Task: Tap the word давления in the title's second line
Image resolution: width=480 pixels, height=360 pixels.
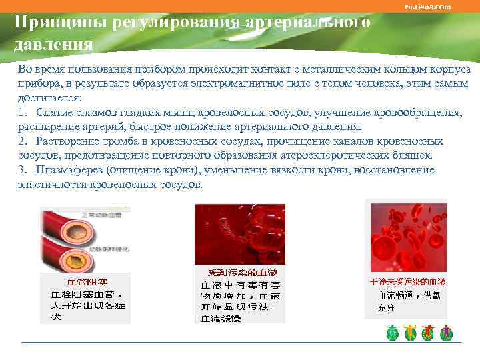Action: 53,45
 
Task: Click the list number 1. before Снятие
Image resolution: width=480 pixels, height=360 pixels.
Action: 23,113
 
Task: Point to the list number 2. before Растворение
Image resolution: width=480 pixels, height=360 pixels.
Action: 23,141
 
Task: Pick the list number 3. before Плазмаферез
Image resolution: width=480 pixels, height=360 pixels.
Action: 23,170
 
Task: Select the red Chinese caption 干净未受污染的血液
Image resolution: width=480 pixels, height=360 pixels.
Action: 408,283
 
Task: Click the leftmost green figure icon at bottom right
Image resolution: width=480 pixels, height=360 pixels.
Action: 393,333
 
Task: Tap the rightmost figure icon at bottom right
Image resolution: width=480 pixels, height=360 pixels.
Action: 447,333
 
